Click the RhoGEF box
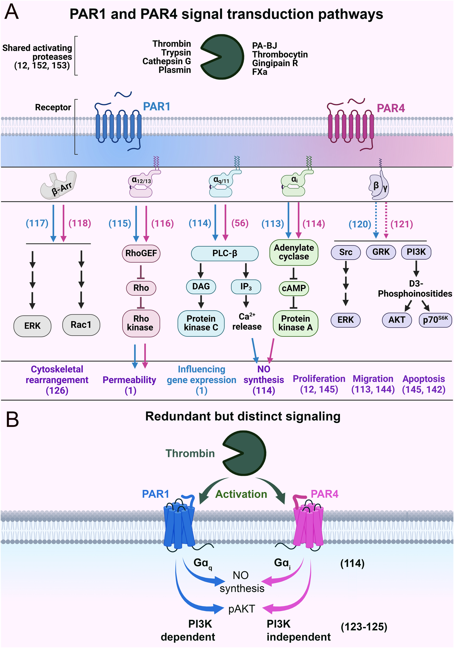[141, 253]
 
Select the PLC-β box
[225, 253]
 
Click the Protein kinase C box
[201, 323]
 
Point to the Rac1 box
[81, 325]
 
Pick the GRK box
[381, 252]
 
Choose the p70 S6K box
[435, 320]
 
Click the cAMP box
[294, 288]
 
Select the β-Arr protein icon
[59, 185]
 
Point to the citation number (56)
[240, 223]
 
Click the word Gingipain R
[275, 63]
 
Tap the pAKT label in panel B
[242, 609]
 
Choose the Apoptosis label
[423, 379]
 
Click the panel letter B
[12, 419]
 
